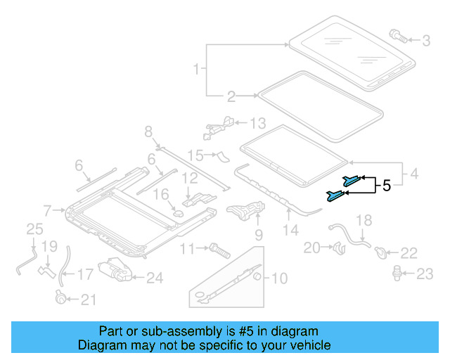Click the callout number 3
pos(426,41)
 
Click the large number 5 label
pos(386,186)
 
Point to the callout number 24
pos(154,278)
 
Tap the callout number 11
pos(186,248)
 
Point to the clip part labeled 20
pos(337,247)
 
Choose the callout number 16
pos(161,194)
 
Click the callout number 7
pos(47,210)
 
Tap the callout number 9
pos(258,234)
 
